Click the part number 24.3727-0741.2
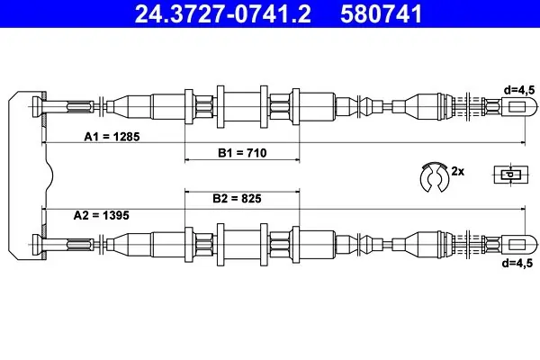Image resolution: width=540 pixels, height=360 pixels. [223, 13]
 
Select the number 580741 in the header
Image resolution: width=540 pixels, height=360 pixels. [382, 13]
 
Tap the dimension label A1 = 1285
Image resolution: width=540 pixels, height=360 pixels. [112, 137]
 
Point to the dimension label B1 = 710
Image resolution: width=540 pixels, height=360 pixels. [242, 153]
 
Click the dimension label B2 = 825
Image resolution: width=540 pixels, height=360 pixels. [237, 198]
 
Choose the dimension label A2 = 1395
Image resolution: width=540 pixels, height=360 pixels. [101, 215]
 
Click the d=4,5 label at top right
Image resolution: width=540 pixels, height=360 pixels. [519, 90]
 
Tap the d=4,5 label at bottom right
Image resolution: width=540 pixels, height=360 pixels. [517, 263]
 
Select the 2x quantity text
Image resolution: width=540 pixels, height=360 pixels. [458, 171]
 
